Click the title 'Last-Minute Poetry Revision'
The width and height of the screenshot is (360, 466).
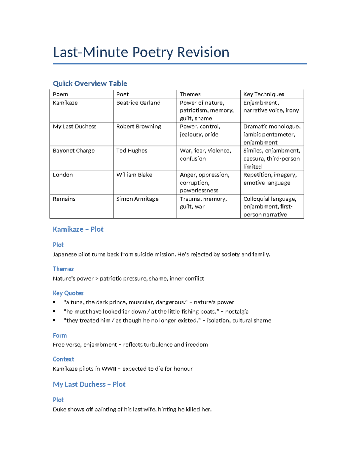tap(141, 52)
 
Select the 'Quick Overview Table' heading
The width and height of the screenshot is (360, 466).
tap(90, 83)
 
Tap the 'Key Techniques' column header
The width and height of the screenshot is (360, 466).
tap(263, 94)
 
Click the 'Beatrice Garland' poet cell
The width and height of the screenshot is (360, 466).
tap(138, 103)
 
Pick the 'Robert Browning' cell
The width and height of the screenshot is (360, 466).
tap(139, 126)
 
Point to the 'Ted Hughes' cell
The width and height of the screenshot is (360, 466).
tap(132, 151)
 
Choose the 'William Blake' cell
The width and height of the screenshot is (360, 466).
tap(134, 175)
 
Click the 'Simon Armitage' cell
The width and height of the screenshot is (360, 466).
tap(137, 199)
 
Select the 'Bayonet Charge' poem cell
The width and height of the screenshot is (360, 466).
tap(73, 151)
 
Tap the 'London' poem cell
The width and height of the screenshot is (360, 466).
tap(63, 175)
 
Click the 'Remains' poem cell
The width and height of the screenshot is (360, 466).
tap(64, 199)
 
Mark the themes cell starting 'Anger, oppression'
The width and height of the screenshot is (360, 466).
tap(205, 182)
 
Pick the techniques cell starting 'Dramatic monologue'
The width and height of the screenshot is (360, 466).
tap(272, 134)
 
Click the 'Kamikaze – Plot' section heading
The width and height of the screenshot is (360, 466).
tap(78, 229)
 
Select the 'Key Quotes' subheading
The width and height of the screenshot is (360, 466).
tap(68, 293)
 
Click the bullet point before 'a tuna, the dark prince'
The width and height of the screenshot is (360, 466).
tap(54, 302)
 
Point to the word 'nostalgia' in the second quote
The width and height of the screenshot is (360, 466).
tap(237, 311)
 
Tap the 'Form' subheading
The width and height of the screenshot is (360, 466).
tap(60, 335)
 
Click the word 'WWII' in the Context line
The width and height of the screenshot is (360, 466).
tap(109, 368)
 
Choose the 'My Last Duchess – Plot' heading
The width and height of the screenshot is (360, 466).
tap(89, 384)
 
